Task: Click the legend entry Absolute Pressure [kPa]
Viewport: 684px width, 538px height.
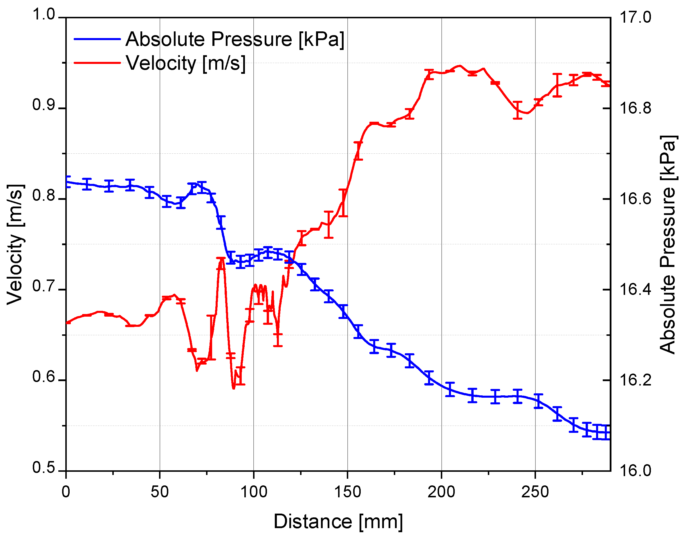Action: point(235,40)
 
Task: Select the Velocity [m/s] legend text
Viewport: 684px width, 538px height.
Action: point(186,63)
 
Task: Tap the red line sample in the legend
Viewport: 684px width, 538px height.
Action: point(97,63)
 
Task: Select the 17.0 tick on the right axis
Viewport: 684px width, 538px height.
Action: point(635,17)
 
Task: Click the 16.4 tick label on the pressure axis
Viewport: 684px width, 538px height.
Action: point(635,289)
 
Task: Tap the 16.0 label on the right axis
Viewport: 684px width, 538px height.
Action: point(635,471)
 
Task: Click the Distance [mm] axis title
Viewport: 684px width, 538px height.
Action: point(338,522)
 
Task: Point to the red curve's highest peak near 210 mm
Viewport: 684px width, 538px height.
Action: point(460,66)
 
